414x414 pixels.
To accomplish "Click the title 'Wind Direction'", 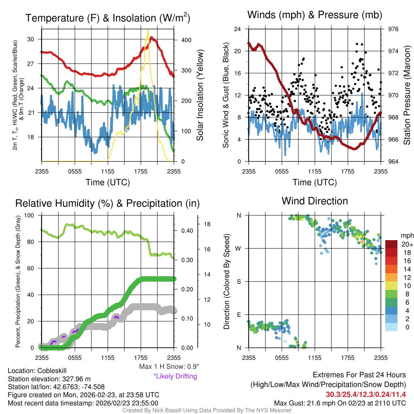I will [315, 201].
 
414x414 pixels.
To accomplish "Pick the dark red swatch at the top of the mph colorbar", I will [392, 244].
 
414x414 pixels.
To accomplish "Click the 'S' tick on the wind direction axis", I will [239, 281].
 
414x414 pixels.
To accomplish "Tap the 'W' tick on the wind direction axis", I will [238, 248].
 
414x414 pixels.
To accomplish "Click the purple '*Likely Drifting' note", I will [175, 376].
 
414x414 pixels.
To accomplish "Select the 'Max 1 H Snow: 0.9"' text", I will [169, 367].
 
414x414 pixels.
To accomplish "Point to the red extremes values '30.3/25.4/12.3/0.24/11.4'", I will [365, 394].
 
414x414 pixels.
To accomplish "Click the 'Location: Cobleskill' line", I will [37, 371].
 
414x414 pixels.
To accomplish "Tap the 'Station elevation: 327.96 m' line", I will [48, 379].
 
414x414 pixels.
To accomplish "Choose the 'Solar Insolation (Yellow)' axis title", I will [200, 95].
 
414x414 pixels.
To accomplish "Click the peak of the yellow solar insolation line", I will [148, 30].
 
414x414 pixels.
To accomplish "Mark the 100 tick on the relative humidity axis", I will [30, 215].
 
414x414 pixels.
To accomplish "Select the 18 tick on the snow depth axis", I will [206, 224].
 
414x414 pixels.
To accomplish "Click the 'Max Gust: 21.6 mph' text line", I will [340, 403].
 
